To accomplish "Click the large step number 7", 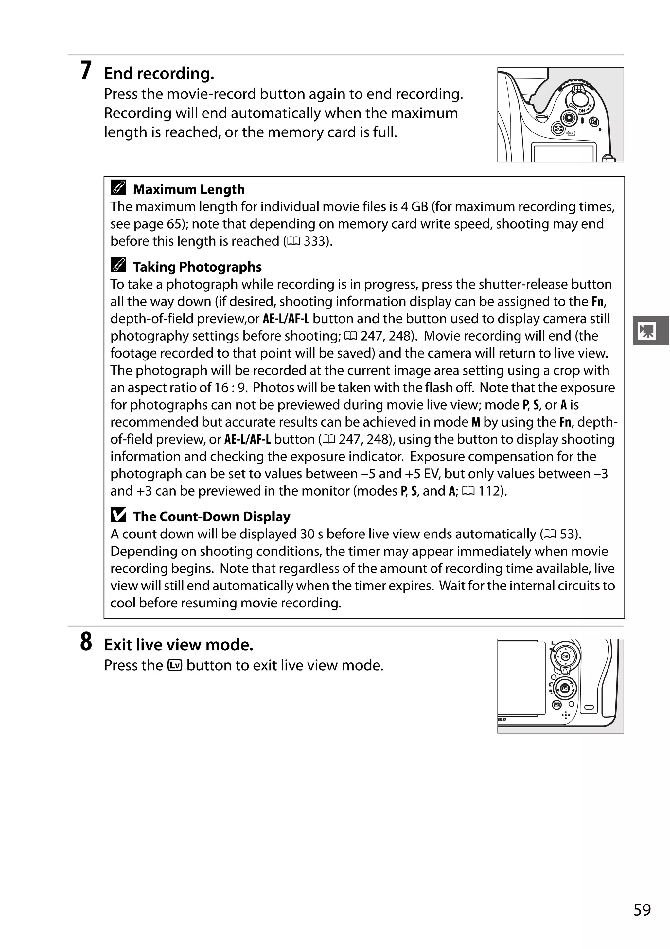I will [86, 71].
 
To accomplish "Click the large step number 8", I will [86, 642].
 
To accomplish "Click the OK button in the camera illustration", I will [565, 656].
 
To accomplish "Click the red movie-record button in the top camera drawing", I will [570, 118].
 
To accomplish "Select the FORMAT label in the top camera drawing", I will [571, 133].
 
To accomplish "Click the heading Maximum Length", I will [189, 189].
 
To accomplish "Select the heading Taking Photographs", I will [197, 267].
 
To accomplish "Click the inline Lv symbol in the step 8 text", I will [175, 665].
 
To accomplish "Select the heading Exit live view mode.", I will [179, 645].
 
